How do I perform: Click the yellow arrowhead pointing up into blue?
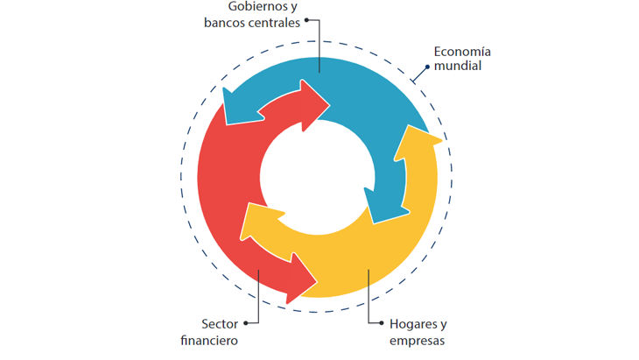tap(416, 145)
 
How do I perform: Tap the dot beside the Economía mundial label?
tap(427, 67)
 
